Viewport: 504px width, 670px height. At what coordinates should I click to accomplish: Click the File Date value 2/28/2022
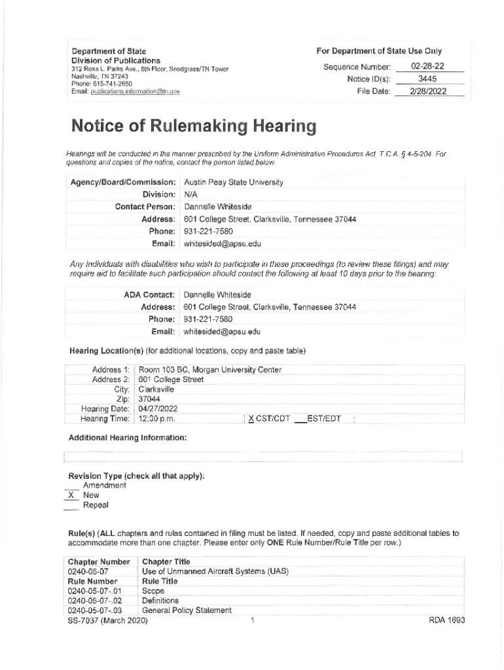click(428, 92)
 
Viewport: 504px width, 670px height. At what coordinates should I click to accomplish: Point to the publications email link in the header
click(125, 91)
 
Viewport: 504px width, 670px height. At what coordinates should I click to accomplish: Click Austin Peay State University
click(234, 183)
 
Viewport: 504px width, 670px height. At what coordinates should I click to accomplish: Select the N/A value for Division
click(191, 195)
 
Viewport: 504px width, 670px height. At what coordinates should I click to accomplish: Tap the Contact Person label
click(145, 207)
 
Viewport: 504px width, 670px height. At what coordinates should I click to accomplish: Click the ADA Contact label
click(149, 295)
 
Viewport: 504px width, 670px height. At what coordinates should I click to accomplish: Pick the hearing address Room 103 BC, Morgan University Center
click(209, 370)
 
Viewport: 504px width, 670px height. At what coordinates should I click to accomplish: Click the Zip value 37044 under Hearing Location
click(149, 399)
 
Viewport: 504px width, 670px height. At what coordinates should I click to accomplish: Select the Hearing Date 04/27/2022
click(158, 409)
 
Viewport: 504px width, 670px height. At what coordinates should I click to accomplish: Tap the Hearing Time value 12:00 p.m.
click(156, 419)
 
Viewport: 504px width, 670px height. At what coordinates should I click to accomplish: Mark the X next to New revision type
click(71, 495)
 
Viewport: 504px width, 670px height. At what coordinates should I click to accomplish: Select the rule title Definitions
click(160, 601)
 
